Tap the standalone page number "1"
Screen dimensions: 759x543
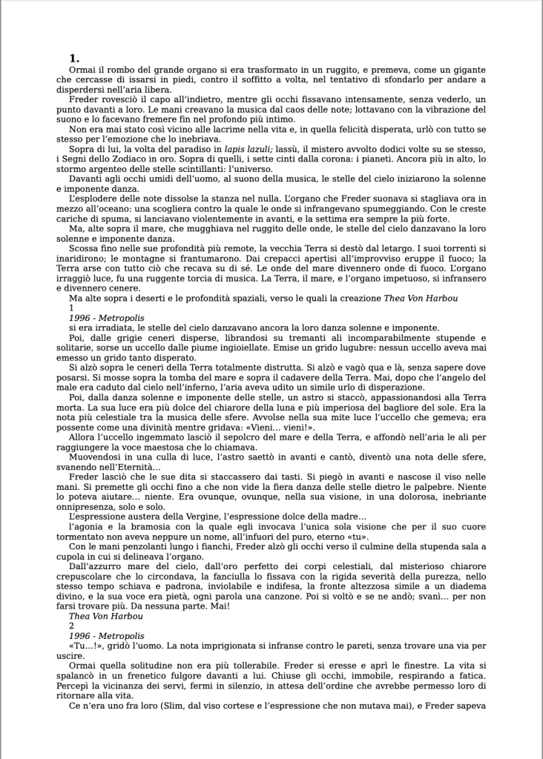click(70, 307)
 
